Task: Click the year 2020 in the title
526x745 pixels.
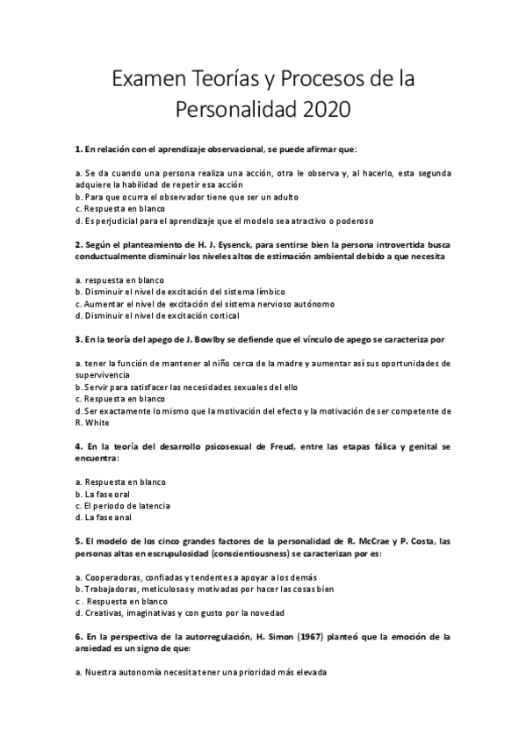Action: pyautogui.click(x=327, y=111)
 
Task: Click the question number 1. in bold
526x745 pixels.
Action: pyautogui.click(x=78, y=149)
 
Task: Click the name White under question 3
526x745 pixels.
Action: pyautogui.click(x=89, y=422)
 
